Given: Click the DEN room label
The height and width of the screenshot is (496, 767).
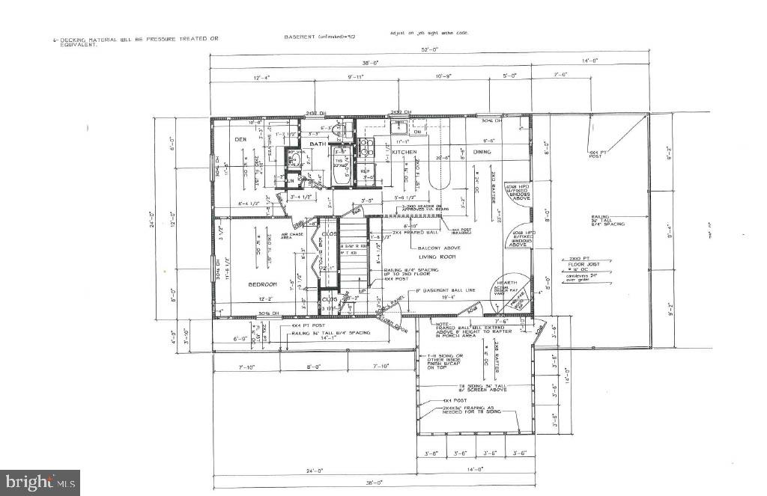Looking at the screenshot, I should coord(240,139).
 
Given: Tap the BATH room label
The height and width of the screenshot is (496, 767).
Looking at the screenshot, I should coord(318,144).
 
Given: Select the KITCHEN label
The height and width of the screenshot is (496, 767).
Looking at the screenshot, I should coord(405,152).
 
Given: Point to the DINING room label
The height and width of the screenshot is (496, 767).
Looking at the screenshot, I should coord(482,152).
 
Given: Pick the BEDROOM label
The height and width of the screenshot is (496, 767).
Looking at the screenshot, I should coord(263,284).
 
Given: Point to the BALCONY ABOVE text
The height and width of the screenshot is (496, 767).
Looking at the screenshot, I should coord(434,248).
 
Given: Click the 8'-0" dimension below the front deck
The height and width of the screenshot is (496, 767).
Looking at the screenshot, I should coord(314,367).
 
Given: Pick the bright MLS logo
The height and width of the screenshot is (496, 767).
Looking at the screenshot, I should coord(40,482).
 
